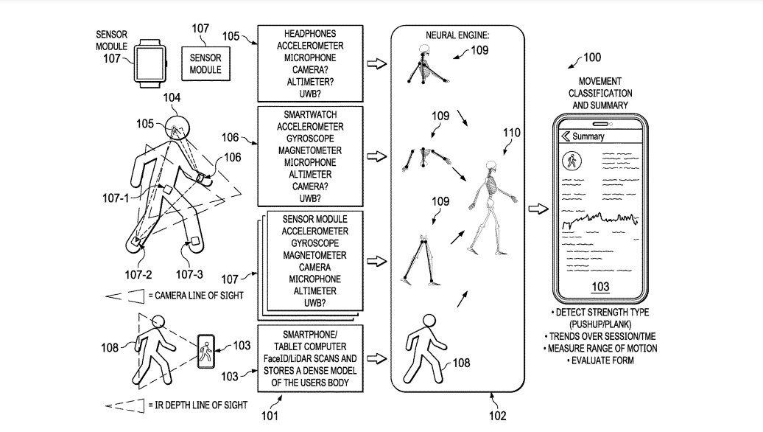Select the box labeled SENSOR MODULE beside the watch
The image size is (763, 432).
(205, 63)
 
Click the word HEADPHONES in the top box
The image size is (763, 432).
(309, 35)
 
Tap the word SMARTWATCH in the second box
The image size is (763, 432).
(309, 116)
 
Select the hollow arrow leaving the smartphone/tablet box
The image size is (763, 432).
(376, 358)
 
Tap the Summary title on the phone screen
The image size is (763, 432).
(588, 136)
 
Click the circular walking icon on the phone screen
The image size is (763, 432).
(570, 161)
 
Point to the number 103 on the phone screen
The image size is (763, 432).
(600, 286)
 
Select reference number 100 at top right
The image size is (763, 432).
(591, 58)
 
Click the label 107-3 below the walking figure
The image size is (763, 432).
(189, 274)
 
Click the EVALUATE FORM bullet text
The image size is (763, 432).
(600, 360)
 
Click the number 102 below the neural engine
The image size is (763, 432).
(498, 416)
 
